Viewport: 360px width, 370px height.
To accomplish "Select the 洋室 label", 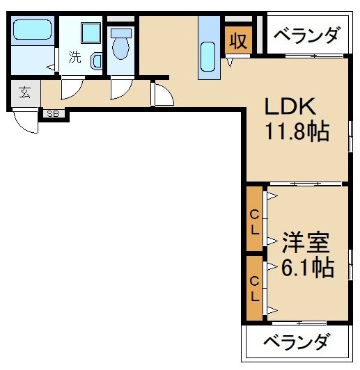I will point(305,244).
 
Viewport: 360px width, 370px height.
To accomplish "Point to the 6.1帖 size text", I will point(307,266).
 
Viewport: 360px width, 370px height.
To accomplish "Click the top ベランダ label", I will point(306,34).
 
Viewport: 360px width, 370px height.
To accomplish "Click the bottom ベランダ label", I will point(296,341).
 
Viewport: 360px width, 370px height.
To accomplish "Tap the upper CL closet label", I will point(255,220).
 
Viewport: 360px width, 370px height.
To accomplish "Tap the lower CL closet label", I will point(255,289).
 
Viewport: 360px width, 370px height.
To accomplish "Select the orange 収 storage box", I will point(237,40).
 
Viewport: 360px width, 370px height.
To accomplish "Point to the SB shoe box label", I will point(53,113).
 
